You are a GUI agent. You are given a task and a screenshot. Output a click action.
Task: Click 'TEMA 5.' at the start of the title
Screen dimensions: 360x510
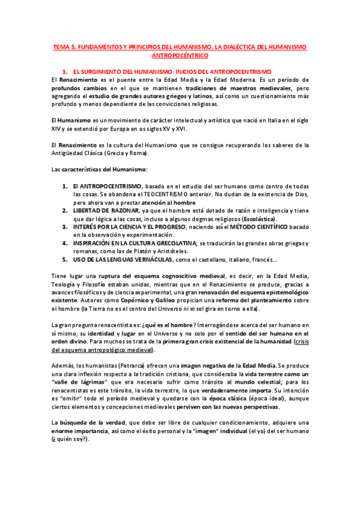tap(62, 47)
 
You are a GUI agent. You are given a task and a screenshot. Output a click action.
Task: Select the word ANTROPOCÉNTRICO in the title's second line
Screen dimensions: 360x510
tap(180, 55)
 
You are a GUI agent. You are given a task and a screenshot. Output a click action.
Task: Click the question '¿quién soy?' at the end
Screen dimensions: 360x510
tap(70, 439)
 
